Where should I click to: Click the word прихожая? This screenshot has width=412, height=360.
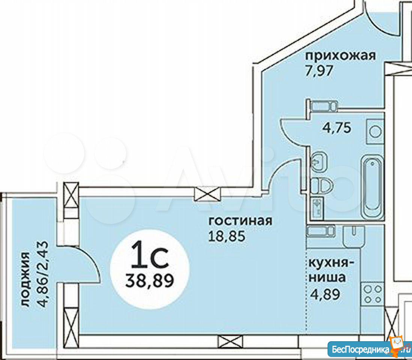point(341,56)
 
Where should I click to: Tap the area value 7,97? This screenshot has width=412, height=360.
point(319,71)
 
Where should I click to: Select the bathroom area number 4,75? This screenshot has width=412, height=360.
point(337,128)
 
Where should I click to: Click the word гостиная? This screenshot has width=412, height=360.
point(240,221)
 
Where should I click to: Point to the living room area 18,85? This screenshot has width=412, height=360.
point(227,236)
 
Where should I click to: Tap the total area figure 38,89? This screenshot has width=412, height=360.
point(150,281)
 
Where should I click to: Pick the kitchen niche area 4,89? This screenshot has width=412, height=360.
point(325,294)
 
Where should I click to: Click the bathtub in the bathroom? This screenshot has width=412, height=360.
point(373,187)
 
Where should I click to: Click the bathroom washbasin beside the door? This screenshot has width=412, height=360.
point(319,162)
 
